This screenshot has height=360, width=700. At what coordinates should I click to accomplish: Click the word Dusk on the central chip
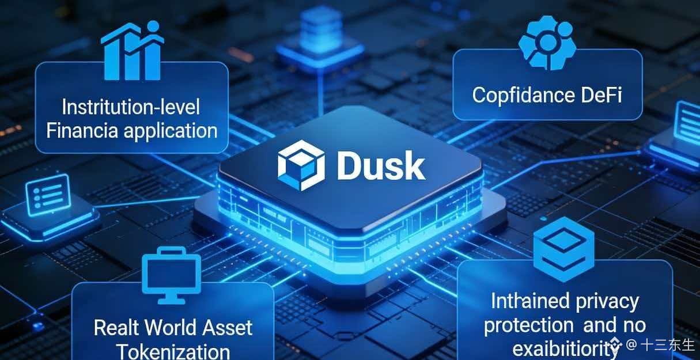tap(381, 166)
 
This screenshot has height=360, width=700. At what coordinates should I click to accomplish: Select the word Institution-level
tap(131, 107)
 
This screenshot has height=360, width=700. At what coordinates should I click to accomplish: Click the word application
tap(170, 131)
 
